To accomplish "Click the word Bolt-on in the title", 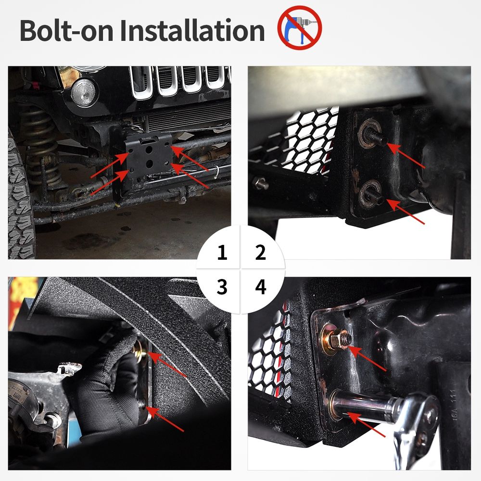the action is click(66, 30).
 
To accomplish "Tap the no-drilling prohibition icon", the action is click(300, 27).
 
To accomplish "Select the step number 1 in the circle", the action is click(222, 253).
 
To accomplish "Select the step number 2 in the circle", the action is click(260, 253).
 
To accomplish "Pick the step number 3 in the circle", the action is click(222, 287).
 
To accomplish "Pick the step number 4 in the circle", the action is click(261, 287).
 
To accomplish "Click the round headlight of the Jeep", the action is click(83, 93).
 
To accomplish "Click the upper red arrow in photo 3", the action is click(168, 365).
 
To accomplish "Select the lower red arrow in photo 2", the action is click(405, 212).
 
